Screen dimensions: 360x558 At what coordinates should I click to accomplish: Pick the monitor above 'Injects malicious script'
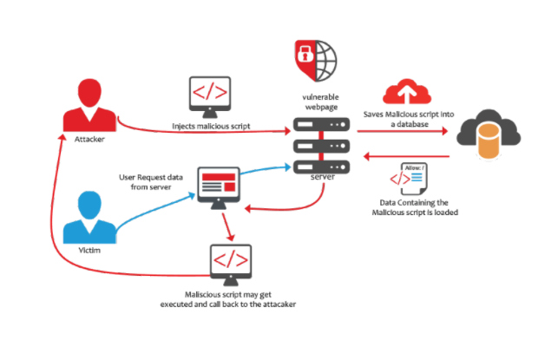coord(210,94)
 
